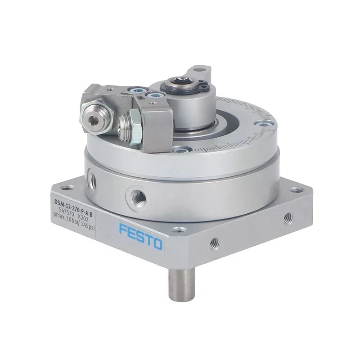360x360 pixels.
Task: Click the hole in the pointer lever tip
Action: coord(202,71)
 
